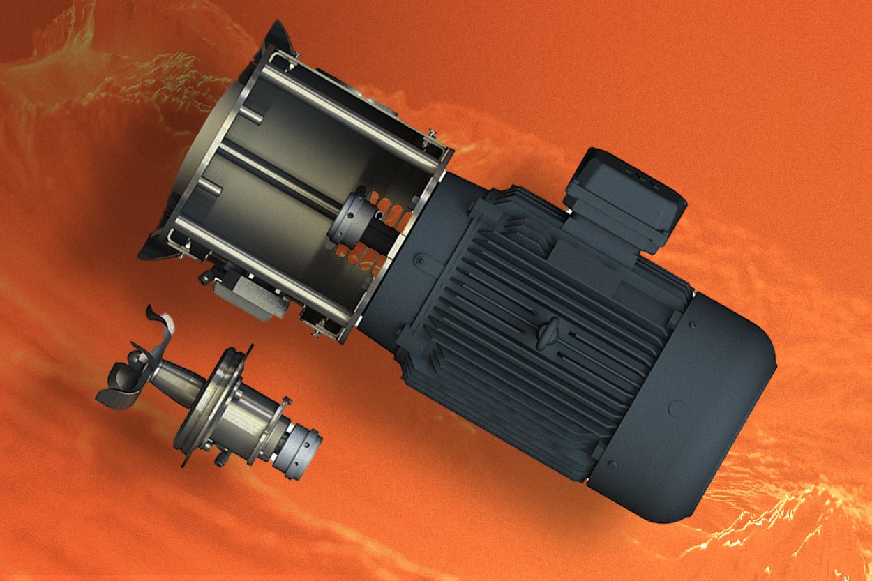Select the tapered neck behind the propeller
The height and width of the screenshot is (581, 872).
(x=171, y=380)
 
